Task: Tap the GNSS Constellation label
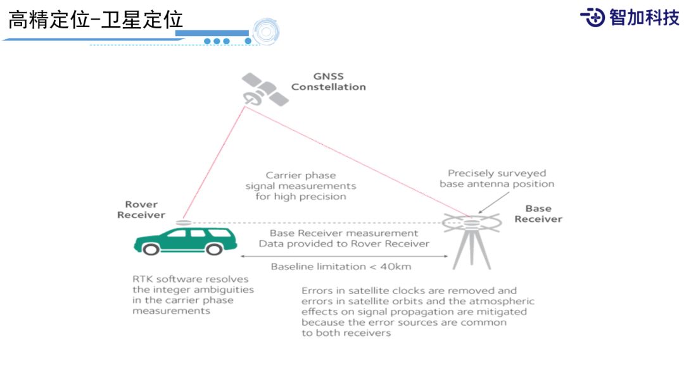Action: [x=328, y=82]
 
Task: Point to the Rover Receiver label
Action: [x=141, y=209]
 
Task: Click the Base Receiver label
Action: [x=538, y=214]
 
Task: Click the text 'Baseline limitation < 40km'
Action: [x=341, y=266]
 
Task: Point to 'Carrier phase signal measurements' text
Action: [x=301, y=186]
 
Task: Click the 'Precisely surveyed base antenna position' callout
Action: [x=497, y=178]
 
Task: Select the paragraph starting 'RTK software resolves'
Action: [x=190, y=295]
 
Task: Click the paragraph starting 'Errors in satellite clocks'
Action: [x=417, y=312]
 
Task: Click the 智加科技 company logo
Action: [x=630, y=17]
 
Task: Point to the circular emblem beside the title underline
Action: [x=266, y=32]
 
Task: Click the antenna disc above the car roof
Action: [x=183, y=223]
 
